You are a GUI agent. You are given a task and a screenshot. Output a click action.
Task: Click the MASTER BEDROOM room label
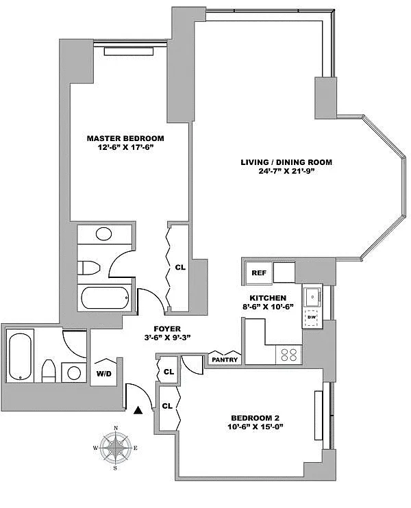[125, 138]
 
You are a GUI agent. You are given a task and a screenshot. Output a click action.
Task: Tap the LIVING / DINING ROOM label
[286, 162]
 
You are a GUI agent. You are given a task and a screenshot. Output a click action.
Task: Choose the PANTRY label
[224, 359]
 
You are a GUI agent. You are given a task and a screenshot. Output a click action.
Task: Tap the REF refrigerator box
[258, 272]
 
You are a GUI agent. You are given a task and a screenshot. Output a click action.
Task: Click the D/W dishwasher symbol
[312, 317]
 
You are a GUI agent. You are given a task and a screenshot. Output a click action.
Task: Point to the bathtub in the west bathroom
[21, 356]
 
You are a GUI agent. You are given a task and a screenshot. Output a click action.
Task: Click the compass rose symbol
[116, 448]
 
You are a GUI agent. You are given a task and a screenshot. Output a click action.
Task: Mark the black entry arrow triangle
[138, 410]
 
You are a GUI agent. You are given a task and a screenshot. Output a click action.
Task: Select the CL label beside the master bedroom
[180, 268]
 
